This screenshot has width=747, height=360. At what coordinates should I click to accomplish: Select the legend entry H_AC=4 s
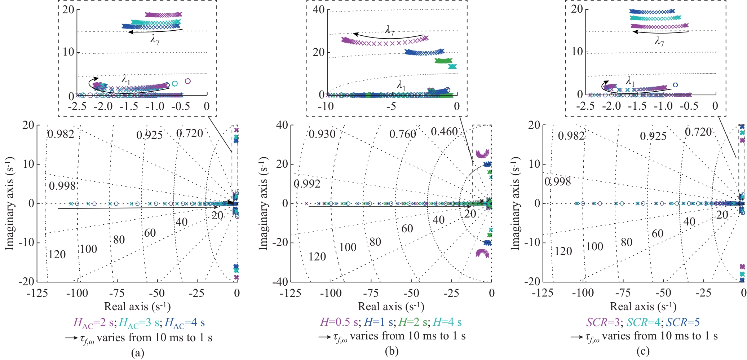point(184,322)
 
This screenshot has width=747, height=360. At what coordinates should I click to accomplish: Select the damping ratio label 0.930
point(322,134)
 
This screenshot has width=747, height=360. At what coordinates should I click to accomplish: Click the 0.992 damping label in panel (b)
point(307,184)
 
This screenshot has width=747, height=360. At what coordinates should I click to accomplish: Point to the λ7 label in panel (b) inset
point(390,30)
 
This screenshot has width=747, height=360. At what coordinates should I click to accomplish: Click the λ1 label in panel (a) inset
point(126,80)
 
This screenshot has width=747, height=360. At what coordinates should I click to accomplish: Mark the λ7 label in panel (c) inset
point(659,41)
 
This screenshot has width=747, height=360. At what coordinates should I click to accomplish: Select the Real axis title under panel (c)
point(643,307)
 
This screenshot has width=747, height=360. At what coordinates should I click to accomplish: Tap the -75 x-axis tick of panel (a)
point(118,293)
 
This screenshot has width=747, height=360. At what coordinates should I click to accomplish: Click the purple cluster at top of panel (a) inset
point(163,15)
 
